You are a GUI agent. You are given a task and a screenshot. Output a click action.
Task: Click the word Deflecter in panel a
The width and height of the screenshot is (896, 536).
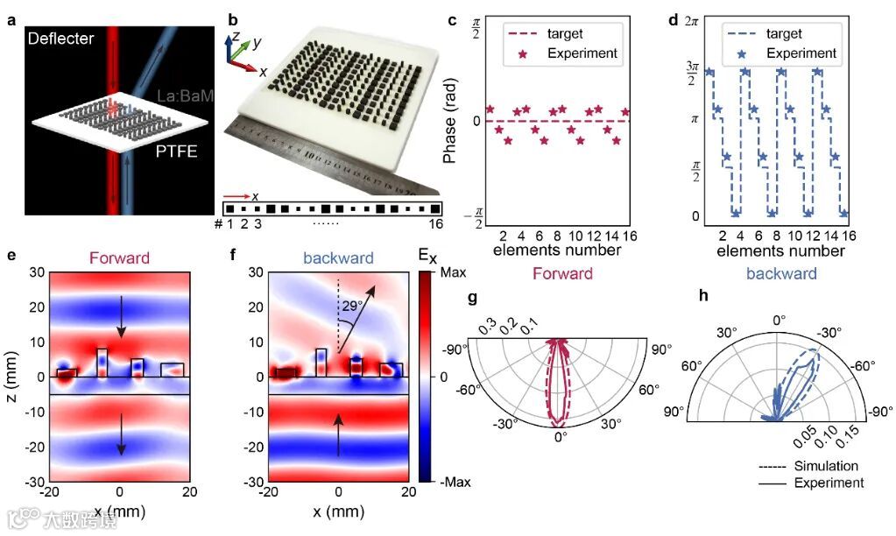60,39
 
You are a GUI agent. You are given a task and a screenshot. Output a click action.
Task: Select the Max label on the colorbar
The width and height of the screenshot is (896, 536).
453,273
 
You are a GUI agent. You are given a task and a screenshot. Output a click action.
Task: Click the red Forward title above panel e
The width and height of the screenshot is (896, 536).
119,258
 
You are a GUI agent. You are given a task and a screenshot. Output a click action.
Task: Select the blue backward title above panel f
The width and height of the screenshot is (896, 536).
339,258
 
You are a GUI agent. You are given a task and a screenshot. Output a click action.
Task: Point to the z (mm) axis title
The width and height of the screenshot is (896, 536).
11,376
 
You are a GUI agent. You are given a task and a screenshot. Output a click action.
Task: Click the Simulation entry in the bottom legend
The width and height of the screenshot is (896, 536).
825,466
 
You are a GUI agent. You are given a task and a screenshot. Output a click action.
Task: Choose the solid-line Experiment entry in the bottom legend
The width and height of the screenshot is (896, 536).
825,483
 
